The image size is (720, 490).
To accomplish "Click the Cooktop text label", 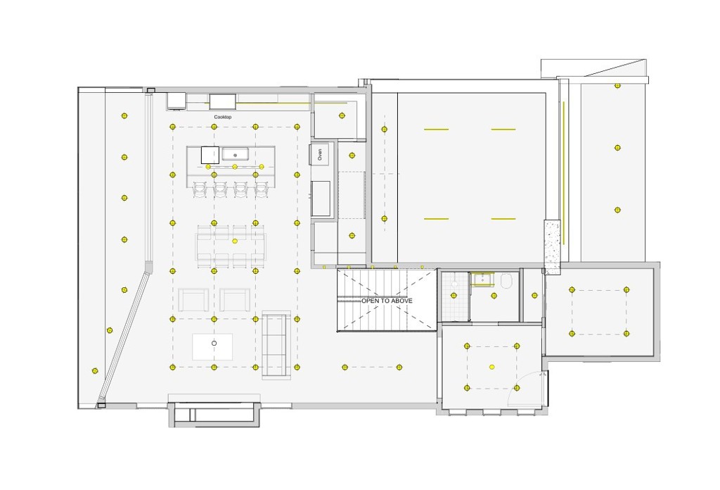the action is coord(223,117).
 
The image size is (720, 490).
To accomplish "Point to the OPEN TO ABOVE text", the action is coord(387,301).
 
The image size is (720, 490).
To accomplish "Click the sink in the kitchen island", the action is coord(235,154).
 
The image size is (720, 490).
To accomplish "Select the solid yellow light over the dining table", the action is coord(235,241).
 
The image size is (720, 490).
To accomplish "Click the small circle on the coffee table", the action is coord(214,343).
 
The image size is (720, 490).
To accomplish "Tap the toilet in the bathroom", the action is coord(506,281).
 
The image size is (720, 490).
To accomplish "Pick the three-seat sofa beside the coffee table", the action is coord(276,345).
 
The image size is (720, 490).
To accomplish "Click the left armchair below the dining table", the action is coord(193,300).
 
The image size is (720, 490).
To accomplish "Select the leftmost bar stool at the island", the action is coord(200,190).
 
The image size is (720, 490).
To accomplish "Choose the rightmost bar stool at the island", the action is coord(261,190).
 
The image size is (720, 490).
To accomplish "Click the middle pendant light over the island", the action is coord(235,166).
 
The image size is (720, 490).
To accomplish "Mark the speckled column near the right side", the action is coord(553,247).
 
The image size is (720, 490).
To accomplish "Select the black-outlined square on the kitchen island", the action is coord(210,155).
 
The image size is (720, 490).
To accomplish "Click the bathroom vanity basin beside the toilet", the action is coord(482,279).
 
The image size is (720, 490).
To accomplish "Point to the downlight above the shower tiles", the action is coord(454,296).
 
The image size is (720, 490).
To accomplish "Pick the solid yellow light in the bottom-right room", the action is coord(491,367).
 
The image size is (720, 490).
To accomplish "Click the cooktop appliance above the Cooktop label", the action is coord(223,101).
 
